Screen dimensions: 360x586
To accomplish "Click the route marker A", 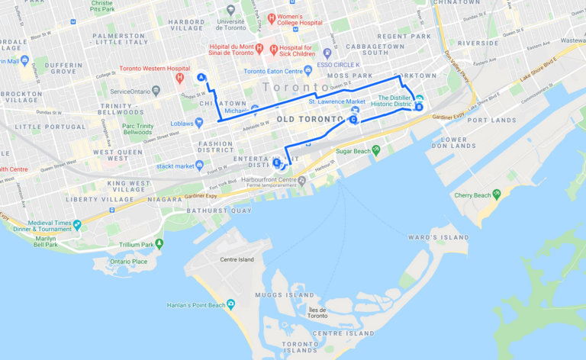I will point(201,77).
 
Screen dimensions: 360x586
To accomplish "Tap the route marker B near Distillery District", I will point(418,108).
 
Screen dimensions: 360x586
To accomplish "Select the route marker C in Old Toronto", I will point(354,118).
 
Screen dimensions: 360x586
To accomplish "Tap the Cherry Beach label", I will point(472,195).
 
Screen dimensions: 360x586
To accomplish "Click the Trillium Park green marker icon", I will point(159,244).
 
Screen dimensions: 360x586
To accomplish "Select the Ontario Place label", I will point(128,261).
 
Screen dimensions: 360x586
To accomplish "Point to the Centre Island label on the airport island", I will point(237,259).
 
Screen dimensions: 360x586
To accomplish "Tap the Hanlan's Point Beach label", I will point(196,305).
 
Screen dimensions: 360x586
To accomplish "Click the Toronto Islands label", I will point(299,347).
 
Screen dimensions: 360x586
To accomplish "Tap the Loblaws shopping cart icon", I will point(199,122).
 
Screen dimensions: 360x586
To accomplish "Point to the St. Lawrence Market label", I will point(336,101).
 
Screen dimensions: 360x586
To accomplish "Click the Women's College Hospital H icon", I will point(270,17).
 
